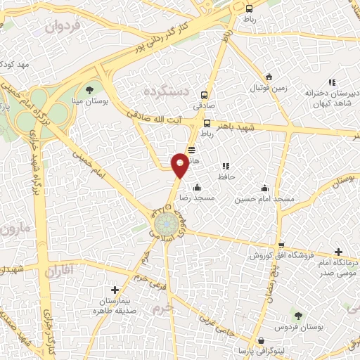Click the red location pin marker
180,165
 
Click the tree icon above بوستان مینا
89,89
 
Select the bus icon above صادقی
205,96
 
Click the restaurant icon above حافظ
226,166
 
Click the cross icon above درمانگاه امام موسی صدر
339,251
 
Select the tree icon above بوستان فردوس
299,316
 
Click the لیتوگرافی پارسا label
261,349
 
